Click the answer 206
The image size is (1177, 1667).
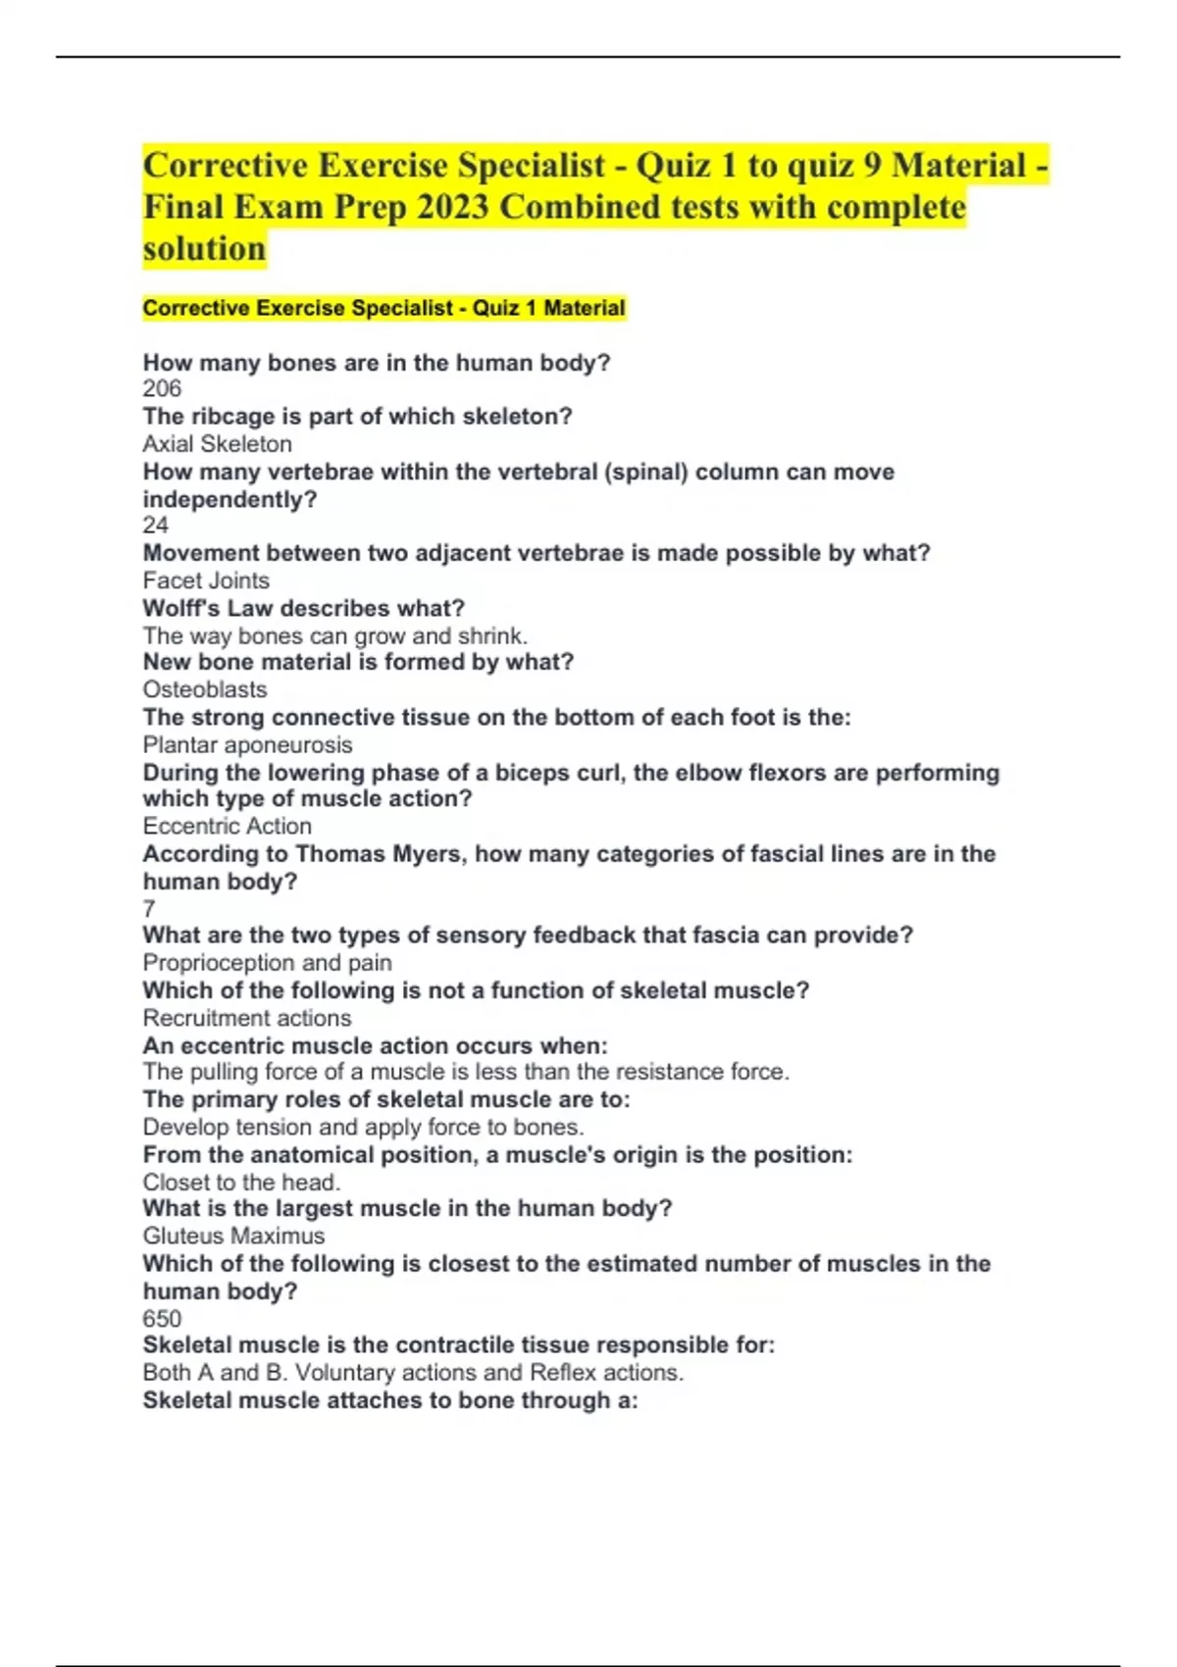[162, 389]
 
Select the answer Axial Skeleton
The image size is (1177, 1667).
[217, 444]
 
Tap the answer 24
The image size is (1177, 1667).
[156, 526]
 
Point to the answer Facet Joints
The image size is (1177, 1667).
[206, 581]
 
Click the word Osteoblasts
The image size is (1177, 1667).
[205, 689]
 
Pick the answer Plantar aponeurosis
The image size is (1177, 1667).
[247, 745]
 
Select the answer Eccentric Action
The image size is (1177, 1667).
[227, 827]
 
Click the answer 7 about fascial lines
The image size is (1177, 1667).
[149, 908]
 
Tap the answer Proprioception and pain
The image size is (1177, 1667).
[267, 963]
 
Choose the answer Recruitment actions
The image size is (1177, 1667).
[246, 1018]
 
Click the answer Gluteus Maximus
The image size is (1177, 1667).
[233, 1236]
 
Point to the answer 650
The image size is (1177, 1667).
[162, 1319]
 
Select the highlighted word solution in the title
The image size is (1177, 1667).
[204, 249]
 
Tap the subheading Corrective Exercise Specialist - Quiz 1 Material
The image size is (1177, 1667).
[384, 309]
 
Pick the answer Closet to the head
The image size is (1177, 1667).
[241, 1183]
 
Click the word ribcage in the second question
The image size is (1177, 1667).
[227, 417]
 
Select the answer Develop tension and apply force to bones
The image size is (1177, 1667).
[363, 1128]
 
